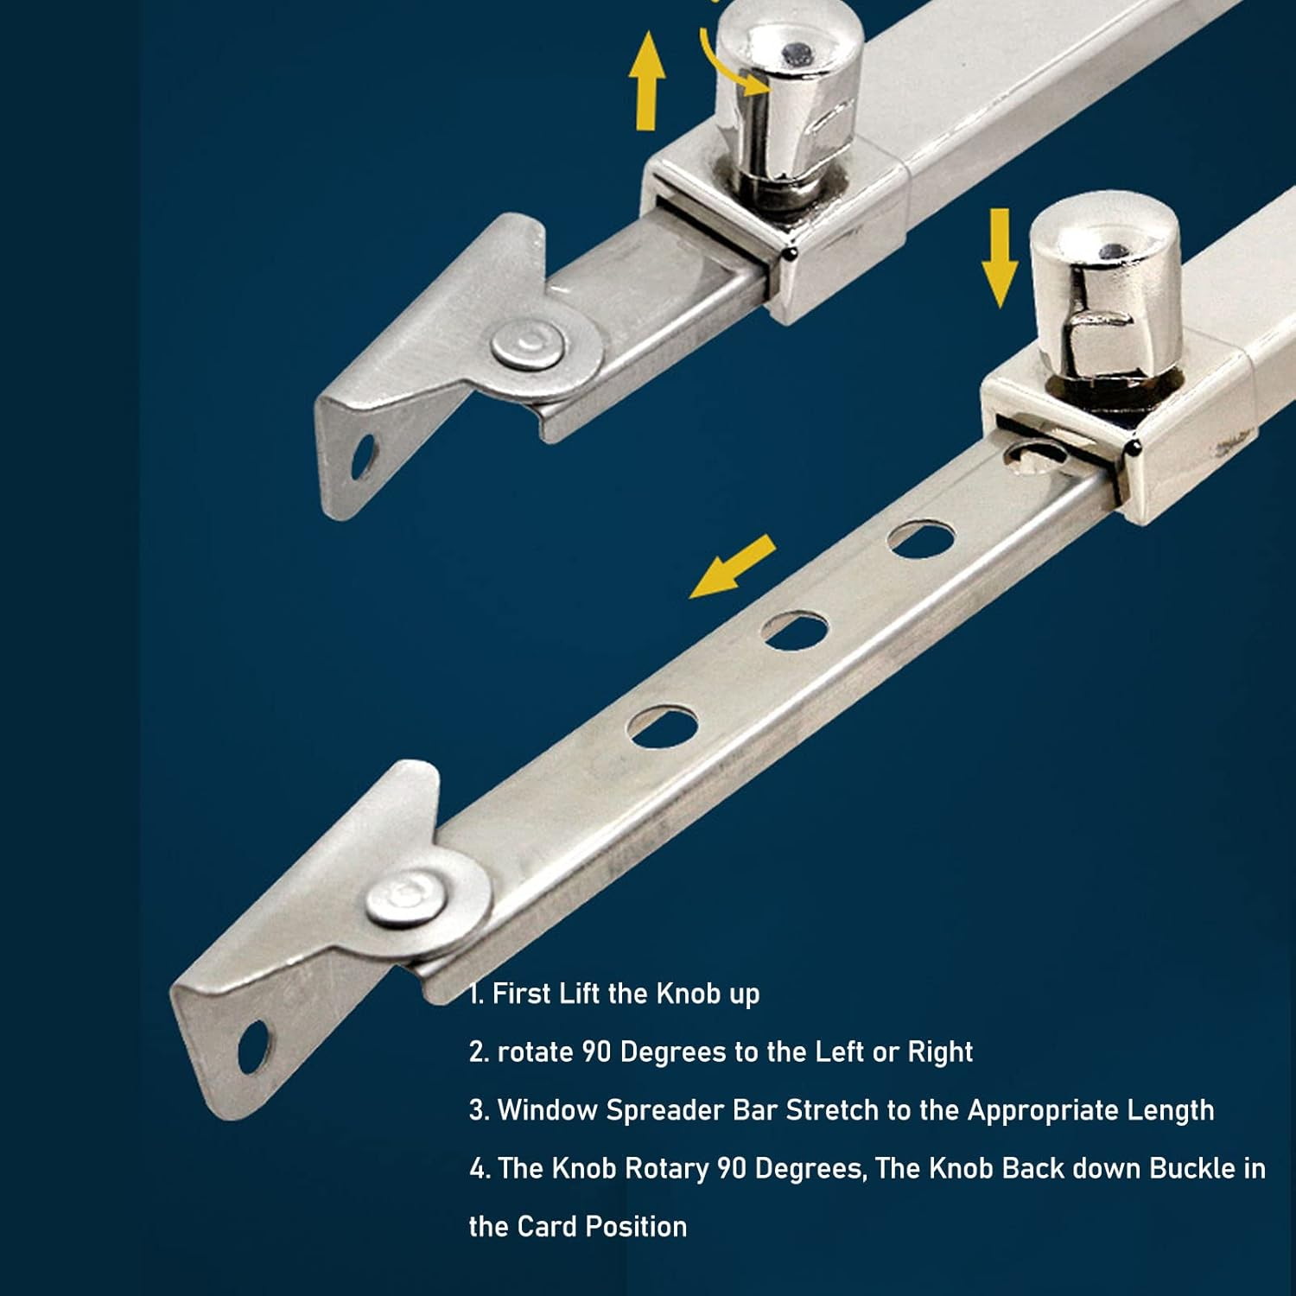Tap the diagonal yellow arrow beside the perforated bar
click(733, 567)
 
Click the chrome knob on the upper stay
click(788, 95)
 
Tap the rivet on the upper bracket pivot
click(528, 346)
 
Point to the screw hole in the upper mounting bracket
click(364, 458)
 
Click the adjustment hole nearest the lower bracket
click(663, 727)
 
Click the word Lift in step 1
click(580, 994)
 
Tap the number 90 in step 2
click(596, 1051)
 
